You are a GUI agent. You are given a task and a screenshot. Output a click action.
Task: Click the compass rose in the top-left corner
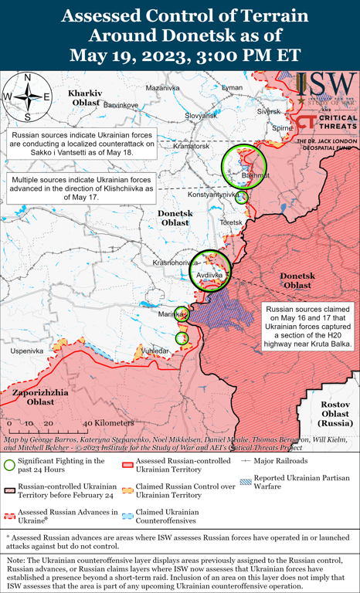pyautogui.click(x=27, y=97)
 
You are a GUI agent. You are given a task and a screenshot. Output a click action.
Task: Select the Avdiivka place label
pyautogui.click(x=210, y=274)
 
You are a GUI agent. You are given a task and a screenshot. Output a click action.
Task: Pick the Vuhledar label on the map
pyautogui.click(x=175, y=351)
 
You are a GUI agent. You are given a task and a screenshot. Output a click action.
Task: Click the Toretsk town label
pyautogui.click(x=231, y=222)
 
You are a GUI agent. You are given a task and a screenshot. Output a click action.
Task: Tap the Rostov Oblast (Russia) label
pyautogui.click(x=335, y=413)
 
